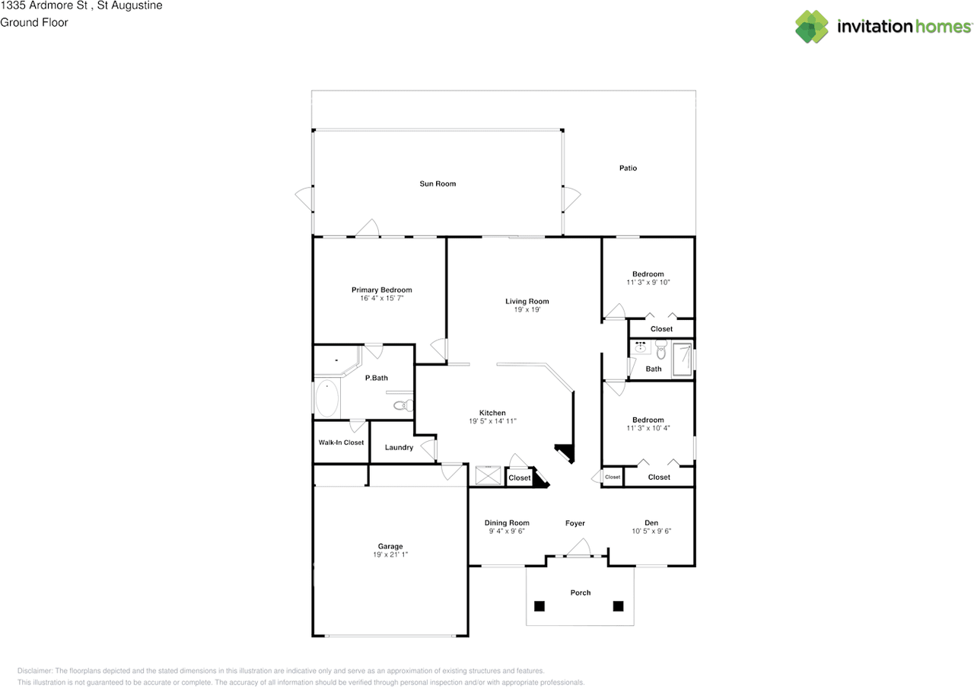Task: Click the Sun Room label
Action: pyautogui.click(x=438, y=184)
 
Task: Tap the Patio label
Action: pyautogui.click(x=628, y=168)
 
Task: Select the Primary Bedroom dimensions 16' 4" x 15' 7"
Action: pyautogui.click(x=381, y=299)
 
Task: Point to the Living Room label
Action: pyautogui.click(x=527, y=301)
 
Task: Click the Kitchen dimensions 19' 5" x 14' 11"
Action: pyautogui.click(x=492, y=421)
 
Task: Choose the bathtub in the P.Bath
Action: pyautogui.click(x=327, y=398)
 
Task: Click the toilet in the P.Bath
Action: pyautogui.click(x=404, y=405)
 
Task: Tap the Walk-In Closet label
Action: pyautogui.click(x=341, y=443)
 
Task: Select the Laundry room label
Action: pyautogui.click(x=399, y=447)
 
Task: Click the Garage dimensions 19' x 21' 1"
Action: pyautogui.click(x=390, y=555)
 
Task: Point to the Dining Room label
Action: pyautogui.click(x=507, y=522)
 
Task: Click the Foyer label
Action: pyautogui.click(x=575, y=523)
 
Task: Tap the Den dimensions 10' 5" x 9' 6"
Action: pyautogui.click(x=651, y=532)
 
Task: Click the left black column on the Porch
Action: pyautogui.click(x=540, y=606)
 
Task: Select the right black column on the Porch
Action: pyautogui.click(x=618, y=606)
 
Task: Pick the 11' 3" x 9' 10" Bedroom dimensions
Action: pyautogui.click(x=648, y=283)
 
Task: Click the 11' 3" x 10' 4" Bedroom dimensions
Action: pyautogui.click(x=648, y=428)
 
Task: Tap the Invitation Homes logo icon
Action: pyautogui.click(x=812, y=27)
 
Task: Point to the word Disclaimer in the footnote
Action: pyautogui.click(x=34, y=671)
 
